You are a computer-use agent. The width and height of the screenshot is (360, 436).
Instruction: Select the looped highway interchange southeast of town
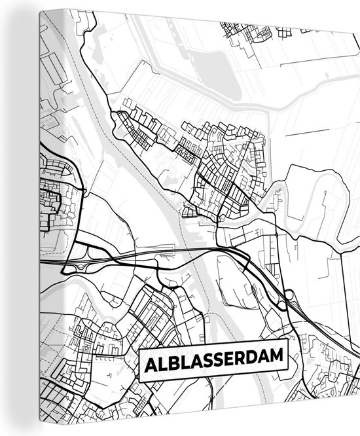tap(286, 298)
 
